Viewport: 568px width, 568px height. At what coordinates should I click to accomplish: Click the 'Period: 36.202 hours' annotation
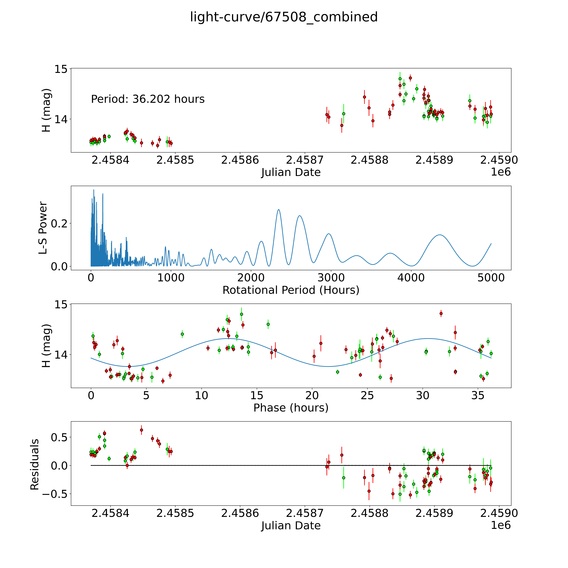148,99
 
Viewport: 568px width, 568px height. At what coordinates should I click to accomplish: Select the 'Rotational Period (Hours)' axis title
291,290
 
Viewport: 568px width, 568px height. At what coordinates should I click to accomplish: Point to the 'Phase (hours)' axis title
291,408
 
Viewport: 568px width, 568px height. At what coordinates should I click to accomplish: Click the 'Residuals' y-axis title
35,464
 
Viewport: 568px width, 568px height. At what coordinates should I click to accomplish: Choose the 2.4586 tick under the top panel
240,160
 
